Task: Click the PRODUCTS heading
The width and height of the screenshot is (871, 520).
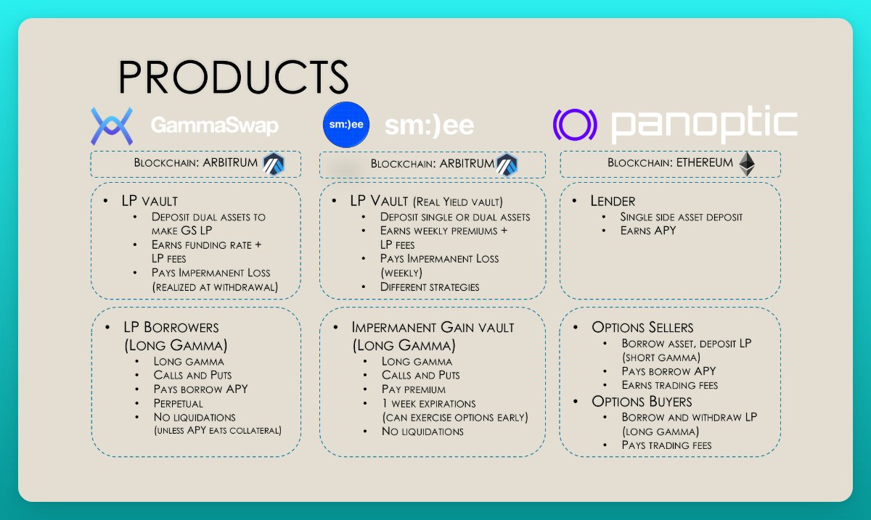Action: (233, 76)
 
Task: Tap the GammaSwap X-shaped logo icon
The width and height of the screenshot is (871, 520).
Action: (111, 125)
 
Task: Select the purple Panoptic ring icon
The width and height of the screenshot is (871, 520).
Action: (575, 125)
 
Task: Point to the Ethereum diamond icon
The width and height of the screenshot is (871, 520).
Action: (746, 165)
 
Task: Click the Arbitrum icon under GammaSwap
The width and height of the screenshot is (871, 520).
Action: (274, 163)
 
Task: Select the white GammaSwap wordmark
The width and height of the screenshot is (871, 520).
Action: (214, 126)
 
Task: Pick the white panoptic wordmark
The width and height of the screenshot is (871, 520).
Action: (704, 125)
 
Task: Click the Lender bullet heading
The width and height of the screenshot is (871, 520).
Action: (614, 200)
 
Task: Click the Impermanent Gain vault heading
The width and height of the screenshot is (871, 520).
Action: (433, 327)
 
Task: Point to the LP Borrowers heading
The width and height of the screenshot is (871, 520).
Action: (171, 327)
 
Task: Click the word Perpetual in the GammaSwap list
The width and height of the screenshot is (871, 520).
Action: (179, 403)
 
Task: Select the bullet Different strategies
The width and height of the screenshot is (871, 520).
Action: (430, 286)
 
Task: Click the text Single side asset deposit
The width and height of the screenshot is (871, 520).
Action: (682, 217)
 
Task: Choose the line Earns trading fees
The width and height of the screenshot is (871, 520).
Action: (669, 385)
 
